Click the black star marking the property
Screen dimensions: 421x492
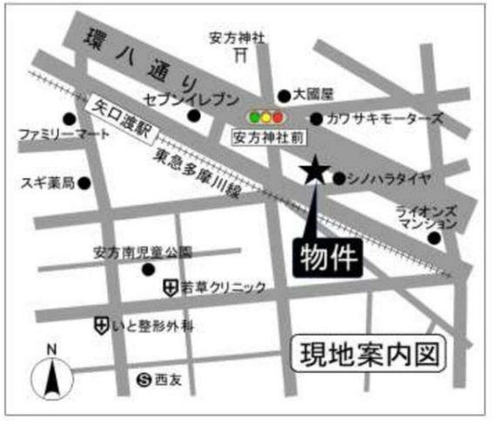point(312,171)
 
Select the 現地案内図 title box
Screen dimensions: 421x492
point(367,354)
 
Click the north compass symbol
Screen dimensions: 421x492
point(51,376)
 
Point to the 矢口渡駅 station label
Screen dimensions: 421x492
point(120,121)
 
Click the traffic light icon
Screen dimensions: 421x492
point(266,116)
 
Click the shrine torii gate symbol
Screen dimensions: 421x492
point(242,55)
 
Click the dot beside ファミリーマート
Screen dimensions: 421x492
point(68,118)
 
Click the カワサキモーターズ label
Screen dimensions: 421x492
point(376,118)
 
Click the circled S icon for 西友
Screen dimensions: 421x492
point(145,378)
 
